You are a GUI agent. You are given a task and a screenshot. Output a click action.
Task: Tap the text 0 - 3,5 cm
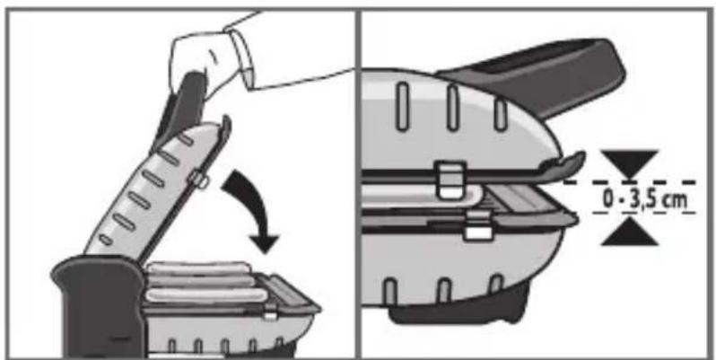pos(645,199)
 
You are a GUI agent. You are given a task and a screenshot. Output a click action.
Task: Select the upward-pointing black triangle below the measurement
pos(629,233)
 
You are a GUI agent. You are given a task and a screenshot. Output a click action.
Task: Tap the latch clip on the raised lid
pos(198,179)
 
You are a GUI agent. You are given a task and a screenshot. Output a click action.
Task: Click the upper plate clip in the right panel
pos(451,180)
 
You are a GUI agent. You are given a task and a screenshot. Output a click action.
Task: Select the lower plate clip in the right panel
pos(477,226)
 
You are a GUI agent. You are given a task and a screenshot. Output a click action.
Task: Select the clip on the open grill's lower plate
pos(270,312)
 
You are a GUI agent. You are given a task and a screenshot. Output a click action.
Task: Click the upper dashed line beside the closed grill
pos(629,182)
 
